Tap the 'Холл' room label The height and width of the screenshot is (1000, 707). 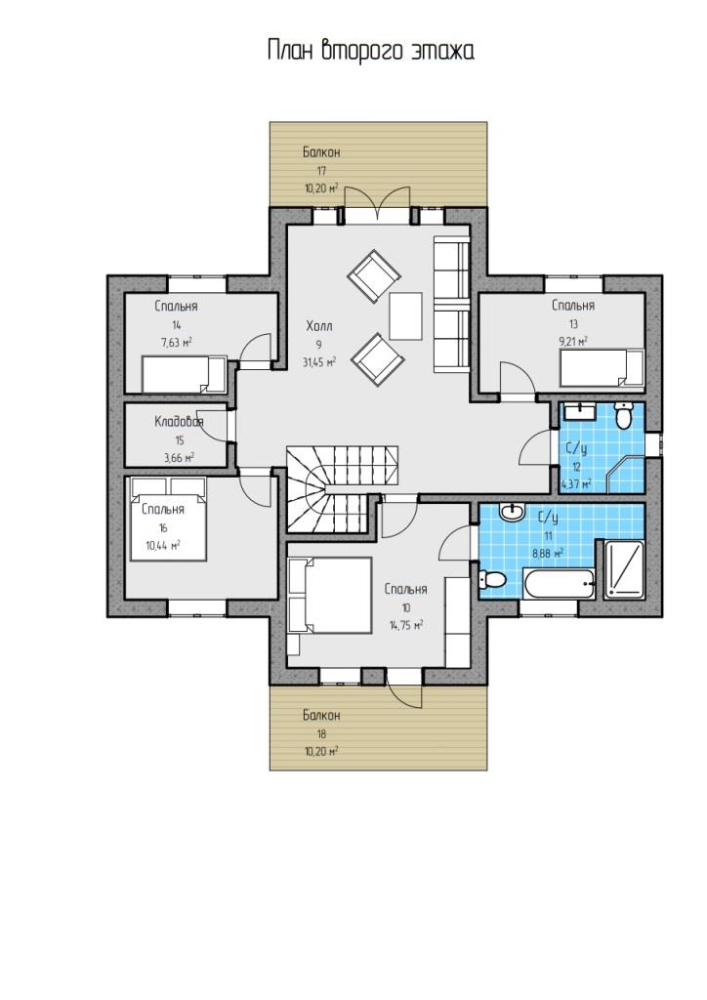click(x=318, y=326)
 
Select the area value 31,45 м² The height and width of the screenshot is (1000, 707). click(x=318, y=362)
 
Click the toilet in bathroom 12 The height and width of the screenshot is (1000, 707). click(x=623, y=415)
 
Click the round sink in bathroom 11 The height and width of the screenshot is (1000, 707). click(x=512, y=512)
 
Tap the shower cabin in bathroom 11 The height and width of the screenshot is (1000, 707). click(x=623, y=569)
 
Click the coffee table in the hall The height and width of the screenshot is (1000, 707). click(x=406, y=316)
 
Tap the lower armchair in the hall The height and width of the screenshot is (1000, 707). click(x=377, y=359)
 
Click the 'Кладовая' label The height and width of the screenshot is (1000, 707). click(x=179, y=422)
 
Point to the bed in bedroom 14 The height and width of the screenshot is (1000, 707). click(x=184, y=374)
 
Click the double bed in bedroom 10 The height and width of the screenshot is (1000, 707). click(x=330, y=596)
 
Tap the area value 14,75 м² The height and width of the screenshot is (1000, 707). click(x=406, y=626)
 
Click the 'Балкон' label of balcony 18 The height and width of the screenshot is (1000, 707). click(x=321, y=716)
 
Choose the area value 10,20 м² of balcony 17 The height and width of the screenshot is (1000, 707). click(x=321, y=188)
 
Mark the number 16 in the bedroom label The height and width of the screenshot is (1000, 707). click(x=163, y=528)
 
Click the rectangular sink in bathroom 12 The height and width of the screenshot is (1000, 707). click(x=579, y=411)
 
